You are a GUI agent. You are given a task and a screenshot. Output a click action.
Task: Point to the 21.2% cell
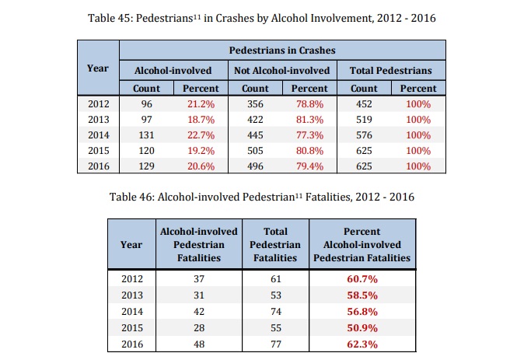[x=201, y=103]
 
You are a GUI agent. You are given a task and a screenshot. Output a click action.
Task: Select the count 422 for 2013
[x=250, y=119]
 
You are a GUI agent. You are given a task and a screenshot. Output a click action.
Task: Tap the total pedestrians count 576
[x=364, y=135]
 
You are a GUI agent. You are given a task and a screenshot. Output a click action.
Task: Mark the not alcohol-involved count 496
[x=250, y=166]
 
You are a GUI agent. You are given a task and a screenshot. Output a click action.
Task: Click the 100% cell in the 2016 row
[x=418, y=166]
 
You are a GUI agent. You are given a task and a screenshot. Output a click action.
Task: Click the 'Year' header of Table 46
[x=131, y=244]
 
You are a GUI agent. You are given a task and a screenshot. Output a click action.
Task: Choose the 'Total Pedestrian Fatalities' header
[x=275, y=244]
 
